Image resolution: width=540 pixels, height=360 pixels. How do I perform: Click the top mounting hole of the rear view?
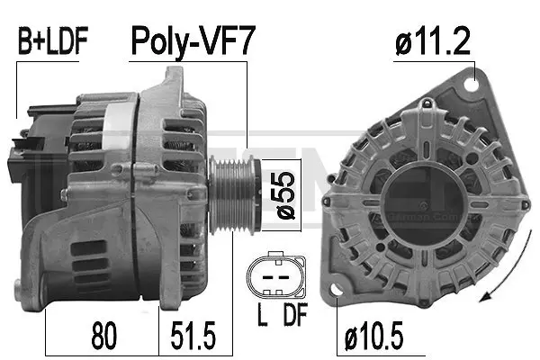coord(468,83)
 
